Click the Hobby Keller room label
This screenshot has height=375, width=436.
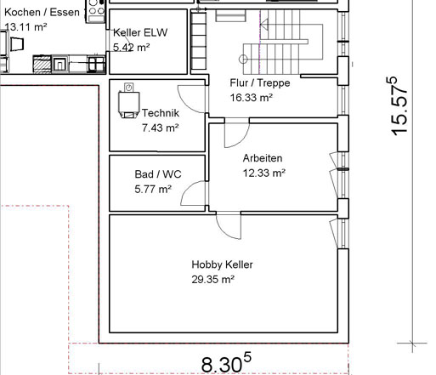pos(222,264)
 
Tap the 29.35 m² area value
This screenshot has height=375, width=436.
pos(212,280)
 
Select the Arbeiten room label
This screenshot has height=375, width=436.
pos(263,158)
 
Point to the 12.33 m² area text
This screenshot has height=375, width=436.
pos(264,173)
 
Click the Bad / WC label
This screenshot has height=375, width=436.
pos(158,174)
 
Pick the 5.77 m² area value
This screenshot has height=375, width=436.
pos(153,189)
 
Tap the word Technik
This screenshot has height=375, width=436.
pos(161,113)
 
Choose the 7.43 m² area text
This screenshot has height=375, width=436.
pos(161,128)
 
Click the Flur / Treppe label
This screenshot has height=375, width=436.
pos(260,83)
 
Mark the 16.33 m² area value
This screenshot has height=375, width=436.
pos(252,98)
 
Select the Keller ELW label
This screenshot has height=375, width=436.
pos(140,32)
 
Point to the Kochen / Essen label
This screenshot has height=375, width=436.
pos(42,13)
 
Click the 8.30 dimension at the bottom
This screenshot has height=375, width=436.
pos(226,364)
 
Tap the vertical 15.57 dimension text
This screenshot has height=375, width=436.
pos(399,106)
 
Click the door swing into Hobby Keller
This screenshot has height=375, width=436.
pos(229,227)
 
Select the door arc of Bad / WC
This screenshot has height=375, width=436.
pos(194,193)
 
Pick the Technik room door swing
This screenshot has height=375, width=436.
pos(192,99)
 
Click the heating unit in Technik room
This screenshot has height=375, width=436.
pos(129,100)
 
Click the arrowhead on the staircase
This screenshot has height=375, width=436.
pos(264,25)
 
